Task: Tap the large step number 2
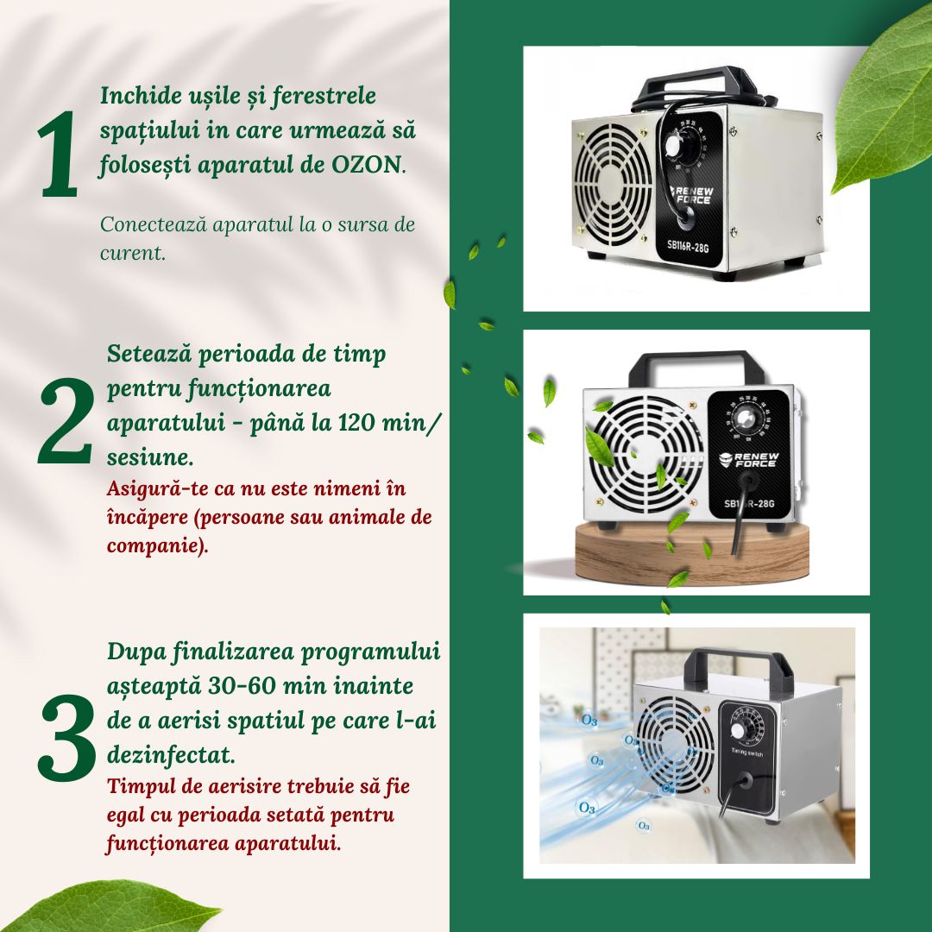[65, 420]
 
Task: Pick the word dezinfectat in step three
[170, 755]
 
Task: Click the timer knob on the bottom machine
[740, 728]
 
